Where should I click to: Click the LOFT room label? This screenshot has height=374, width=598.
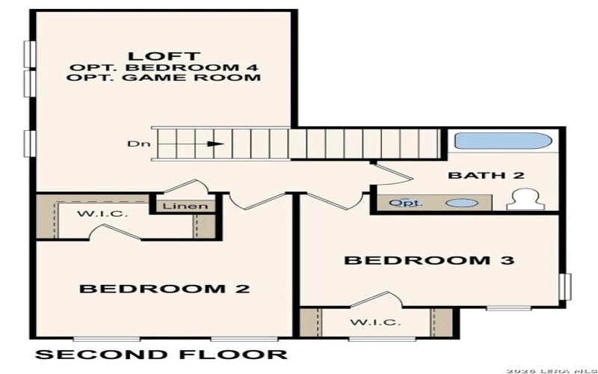[164, 55]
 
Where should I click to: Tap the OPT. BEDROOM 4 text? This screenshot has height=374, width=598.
[165, 67]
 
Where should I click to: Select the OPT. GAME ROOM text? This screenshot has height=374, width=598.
[165, 78]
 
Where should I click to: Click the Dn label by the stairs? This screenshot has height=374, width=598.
[134, 144]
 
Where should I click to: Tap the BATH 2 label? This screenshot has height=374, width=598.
[486, 177]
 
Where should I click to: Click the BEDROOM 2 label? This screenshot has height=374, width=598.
[164, 288]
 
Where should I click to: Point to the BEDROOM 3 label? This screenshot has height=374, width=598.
[429, 261]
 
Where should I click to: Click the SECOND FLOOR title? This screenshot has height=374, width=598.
[161, 354]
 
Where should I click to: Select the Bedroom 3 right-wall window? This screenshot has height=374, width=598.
[566, 289]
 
